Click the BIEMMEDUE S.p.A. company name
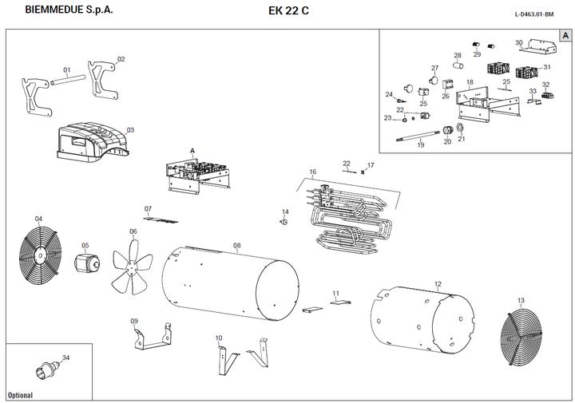(69, 10)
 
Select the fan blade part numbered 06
(131, 266)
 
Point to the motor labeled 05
(85, 264)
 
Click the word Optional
(21, 395)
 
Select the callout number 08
(237, 245)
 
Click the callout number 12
(438, 284)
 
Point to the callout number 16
(313, 172)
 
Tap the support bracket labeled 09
(152, 338)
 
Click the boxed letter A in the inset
(565, 36)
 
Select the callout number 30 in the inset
(519, 42)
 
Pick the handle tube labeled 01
(68, 80)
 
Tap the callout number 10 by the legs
(219, 338)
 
